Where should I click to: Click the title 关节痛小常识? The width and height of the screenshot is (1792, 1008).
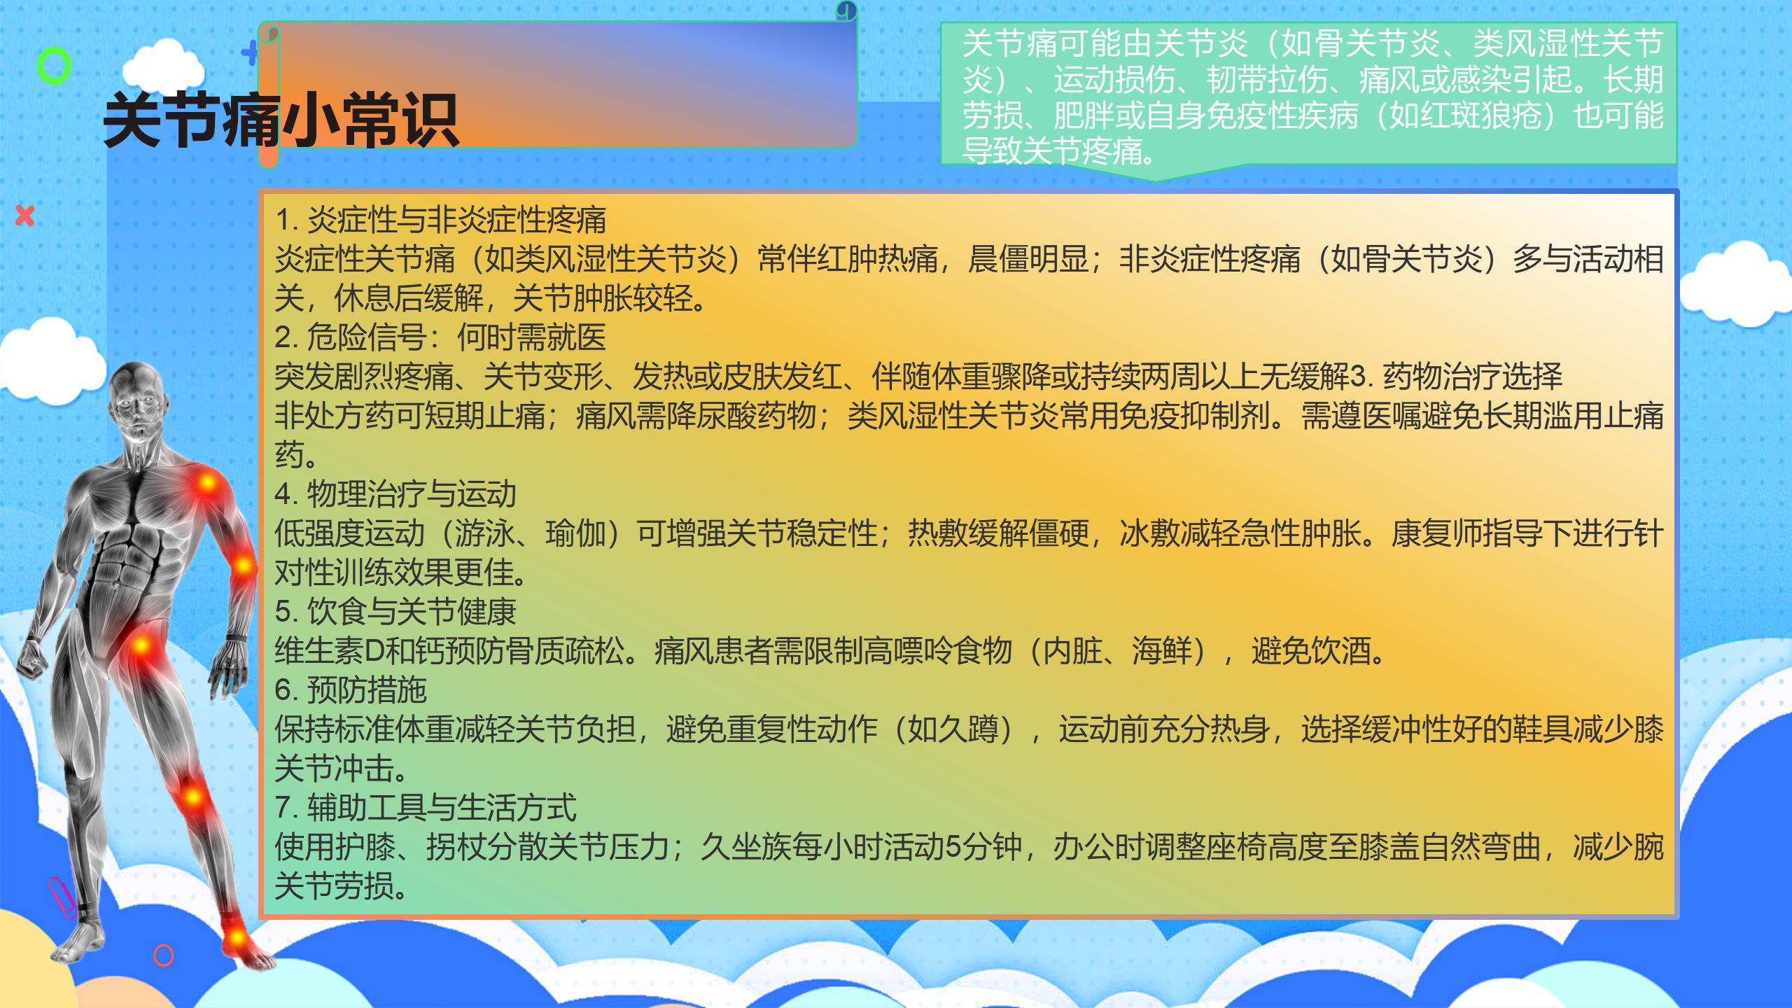click(281, 120)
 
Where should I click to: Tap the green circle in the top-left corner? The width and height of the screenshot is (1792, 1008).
click(54, 66)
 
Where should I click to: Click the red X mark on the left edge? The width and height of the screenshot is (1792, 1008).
click(25, 216)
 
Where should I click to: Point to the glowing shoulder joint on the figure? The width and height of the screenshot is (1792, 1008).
click(206, 483)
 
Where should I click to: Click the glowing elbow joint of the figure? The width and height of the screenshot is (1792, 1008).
click(243, 564)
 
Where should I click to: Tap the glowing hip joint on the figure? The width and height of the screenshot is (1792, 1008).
click(142, 645)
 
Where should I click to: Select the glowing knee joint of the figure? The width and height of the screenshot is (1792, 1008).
click(192, 797)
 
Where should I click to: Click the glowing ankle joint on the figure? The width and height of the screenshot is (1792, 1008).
click(237, 936)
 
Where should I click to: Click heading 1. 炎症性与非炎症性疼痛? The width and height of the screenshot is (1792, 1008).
click(440, 220)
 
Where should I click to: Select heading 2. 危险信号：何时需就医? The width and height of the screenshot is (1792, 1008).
click(440, 337)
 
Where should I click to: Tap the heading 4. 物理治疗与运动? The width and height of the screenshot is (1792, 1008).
click(395, 494)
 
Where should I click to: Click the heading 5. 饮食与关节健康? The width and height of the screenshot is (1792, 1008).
click(395, 612)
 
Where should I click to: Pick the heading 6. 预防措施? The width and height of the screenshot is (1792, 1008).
click(351, 690)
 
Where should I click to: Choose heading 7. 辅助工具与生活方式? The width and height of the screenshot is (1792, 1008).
click(426, 808)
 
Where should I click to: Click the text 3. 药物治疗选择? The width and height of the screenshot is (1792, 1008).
click(1456, 377)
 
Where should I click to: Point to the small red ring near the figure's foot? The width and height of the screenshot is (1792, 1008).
click(163, 955)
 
